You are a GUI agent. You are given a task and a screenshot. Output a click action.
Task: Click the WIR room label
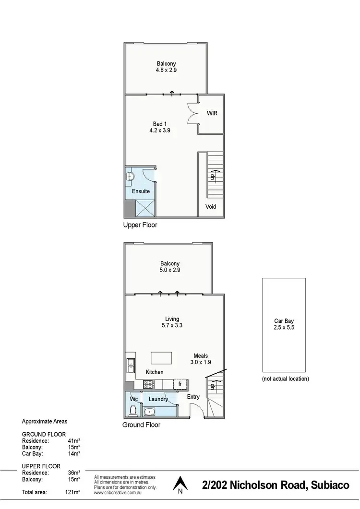(212, 114)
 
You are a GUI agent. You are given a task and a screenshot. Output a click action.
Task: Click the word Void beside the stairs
(211, 207)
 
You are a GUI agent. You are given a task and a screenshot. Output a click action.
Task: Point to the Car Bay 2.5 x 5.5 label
(286, 325)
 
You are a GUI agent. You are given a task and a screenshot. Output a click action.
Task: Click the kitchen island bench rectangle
(161, 358)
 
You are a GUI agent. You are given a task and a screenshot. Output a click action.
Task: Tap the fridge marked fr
(180, 384)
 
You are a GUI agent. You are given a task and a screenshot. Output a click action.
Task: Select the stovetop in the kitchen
(148, 384)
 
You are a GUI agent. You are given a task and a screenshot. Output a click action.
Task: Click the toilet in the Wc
(134, 411)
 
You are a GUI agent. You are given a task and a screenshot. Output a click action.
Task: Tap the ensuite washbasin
(130, 177)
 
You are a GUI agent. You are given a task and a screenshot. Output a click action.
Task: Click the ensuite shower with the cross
(145, 208)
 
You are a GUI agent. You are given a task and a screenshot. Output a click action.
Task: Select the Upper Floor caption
(140, 225)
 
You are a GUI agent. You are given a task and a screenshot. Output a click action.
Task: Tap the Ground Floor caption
(141, 425)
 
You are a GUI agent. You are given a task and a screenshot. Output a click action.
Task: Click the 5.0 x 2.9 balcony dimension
(170, 270)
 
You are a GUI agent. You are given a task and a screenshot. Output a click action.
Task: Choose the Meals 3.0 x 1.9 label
(201, 359)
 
